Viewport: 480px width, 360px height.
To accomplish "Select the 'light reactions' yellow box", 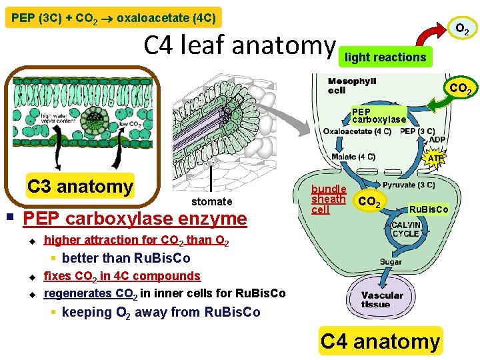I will [x=385, y=57].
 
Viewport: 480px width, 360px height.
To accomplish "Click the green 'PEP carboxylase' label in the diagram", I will [x=378, y=115].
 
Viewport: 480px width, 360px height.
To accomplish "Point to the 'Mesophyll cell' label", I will [x=352, y=85].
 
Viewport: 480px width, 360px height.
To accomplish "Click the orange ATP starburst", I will [x=435, y=159].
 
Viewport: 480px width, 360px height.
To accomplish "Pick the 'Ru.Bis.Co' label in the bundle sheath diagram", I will [x=429, y=209].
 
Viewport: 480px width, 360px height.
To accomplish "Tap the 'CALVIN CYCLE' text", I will [x=405, y=229].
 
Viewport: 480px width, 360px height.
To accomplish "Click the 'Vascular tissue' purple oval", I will [x=383, y=300].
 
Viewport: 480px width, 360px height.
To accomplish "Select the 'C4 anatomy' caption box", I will [x=380, y=341].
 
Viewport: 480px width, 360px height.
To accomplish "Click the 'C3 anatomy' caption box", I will [x=80, y=186].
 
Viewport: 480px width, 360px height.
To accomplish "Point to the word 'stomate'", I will [x=211, y=201].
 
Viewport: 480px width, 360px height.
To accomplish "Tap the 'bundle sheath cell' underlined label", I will [x=329, y=199].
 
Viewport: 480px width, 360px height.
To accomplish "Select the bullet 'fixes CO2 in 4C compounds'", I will [x=122, y=275].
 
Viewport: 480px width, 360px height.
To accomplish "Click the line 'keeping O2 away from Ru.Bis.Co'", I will [x=161, y=312].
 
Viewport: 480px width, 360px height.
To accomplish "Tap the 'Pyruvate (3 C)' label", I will [x=409, y=185].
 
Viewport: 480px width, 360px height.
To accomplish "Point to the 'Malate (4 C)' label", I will [x=353, y=157].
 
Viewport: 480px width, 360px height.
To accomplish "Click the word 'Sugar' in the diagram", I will [x=391, y=262].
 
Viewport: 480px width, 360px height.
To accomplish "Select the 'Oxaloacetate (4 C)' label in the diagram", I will [x=357, y=131].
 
